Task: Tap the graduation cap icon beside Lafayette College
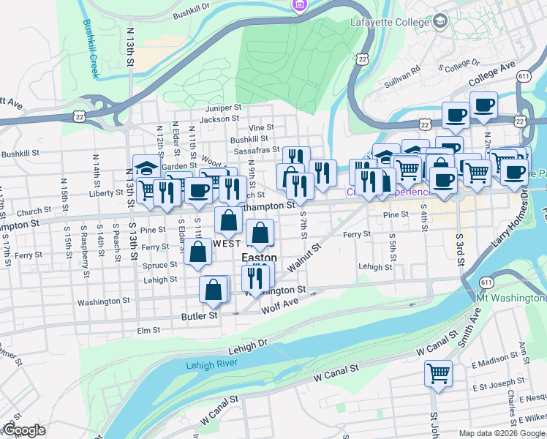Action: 440,22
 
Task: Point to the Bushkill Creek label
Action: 91,48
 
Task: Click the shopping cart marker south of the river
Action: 438,373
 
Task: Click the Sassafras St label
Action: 257,150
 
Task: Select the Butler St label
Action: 200,316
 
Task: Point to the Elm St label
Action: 148,331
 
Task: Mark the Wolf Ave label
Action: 280,301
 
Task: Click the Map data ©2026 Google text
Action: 502,433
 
